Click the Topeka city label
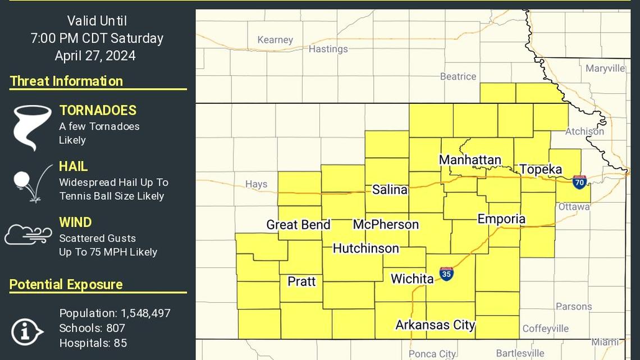(540, 170)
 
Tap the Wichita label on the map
(412, 279)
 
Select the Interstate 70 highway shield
(579, 182)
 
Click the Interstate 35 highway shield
(446, 274)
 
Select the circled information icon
(26, 331)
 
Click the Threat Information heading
(66, 81)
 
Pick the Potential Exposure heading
(66, 284)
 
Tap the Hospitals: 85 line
(93, 343)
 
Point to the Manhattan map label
(470, 160)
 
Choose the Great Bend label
(298, 225)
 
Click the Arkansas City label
(435, 325)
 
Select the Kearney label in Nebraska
(275, 40)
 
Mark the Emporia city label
(501, 218)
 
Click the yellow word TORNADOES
(98, 111)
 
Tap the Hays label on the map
(256, 184)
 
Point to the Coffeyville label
(545, 329)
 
